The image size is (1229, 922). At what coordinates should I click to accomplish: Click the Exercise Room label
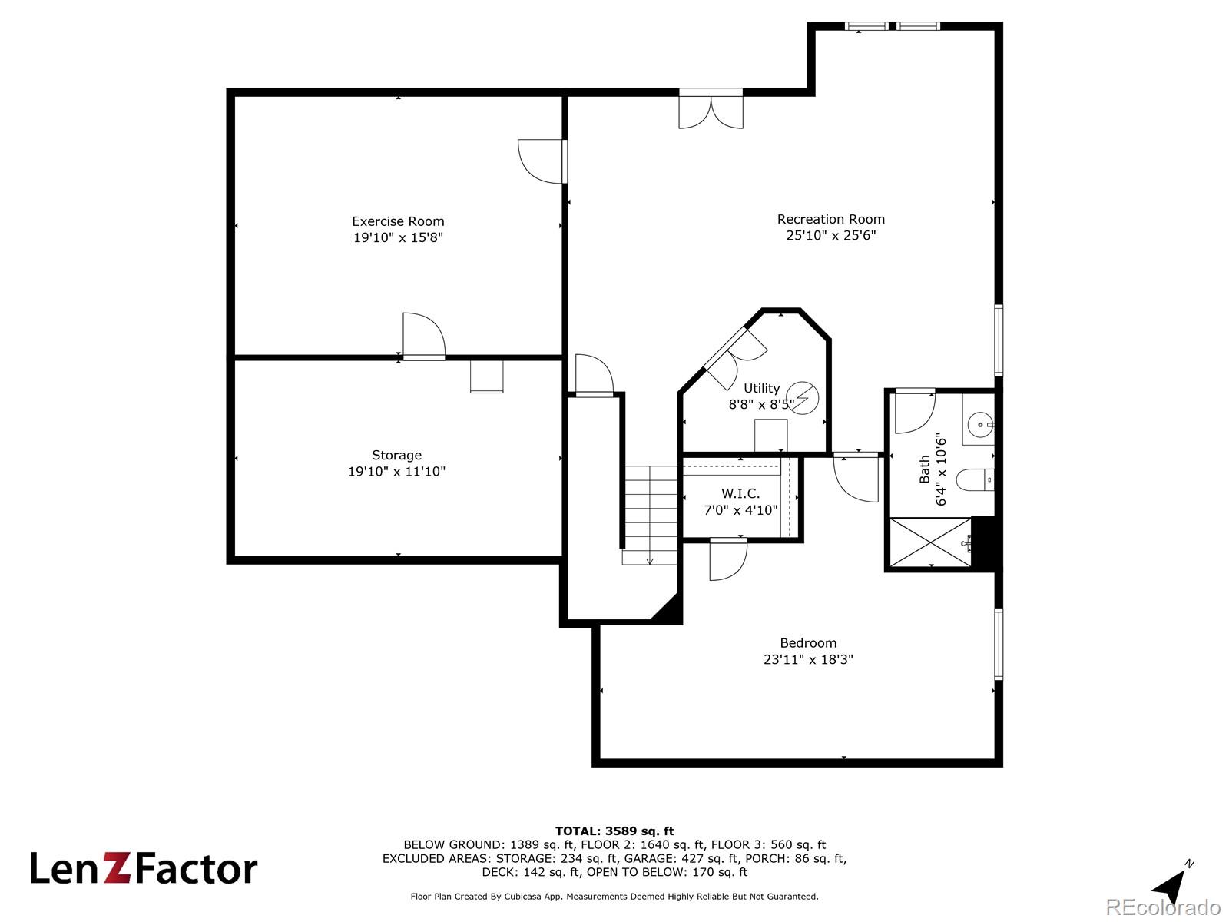[x=398, y=221]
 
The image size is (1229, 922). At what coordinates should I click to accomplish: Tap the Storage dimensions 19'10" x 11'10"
[x=396, y=471]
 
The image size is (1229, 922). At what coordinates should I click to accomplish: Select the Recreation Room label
[x=830, y=219]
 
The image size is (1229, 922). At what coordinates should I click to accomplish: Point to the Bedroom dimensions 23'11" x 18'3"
[x=808, y=659]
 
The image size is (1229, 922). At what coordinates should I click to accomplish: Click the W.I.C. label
[x=740, y=493]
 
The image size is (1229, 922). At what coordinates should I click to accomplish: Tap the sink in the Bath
[x=979, y=424]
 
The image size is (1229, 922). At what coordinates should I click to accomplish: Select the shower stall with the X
[x=929, y=543]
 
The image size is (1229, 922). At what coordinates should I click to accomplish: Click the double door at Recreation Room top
[x=711, y=109]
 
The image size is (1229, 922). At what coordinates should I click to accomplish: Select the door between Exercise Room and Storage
[x=423, y=336]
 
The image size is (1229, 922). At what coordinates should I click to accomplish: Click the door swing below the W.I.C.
[x=727, y=559]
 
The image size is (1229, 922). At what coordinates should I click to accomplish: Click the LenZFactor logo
[x=144, y=869]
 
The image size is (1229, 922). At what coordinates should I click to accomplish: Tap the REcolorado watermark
[x=1163, y=907]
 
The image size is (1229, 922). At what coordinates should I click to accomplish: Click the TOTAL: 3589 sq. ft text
[x=614, y=831]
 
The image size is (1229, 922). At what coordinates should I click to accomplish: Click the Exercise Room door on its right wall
[x=542, y=161]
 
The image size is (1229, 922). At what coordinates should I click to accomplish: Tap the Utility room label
[x=761, y=388]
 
